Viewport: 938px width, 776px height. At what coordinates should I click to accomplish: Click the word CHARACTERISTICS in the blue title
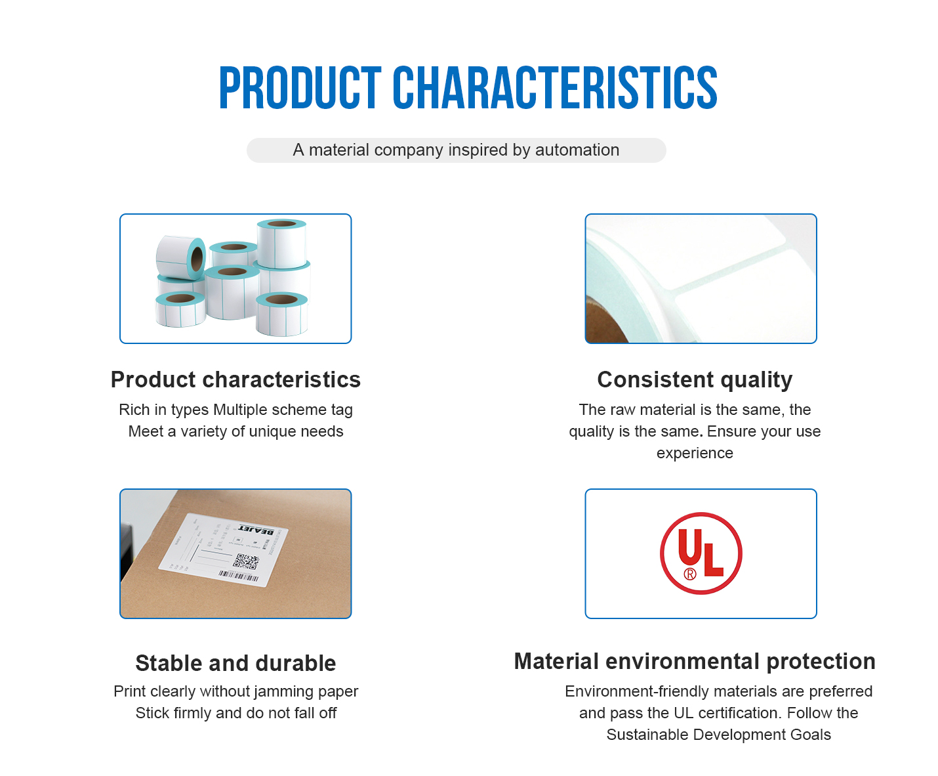point(555,88)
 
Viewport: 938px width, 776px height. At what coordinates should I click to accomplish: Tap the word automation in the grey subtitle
point(577,150)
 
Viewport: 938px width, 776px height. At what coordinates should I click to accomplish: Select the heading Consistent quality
point(695,380)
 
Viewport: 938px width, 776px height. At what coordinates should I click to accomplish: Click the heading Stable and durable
point(235,663)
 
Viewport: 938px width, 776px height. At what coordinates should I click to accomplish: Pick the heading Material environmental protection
point(695,662)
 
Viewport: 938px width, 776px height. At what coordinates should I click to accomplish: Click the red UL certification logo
point(701,553)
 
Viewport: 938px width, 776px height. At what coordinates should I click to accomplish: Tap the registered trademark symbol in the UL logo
point(689,574)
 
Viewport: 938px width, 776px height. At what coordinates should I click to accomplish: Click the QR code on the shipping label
point(246,561)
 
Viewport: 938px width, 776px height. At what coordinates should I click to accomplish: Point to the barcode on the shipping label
point(239,576)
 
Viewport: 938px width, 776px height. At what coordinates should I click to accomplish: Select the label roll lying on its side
point(181,257)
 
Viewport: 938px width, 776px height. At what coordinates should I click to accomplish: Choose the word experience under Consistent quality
point(695,453)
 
